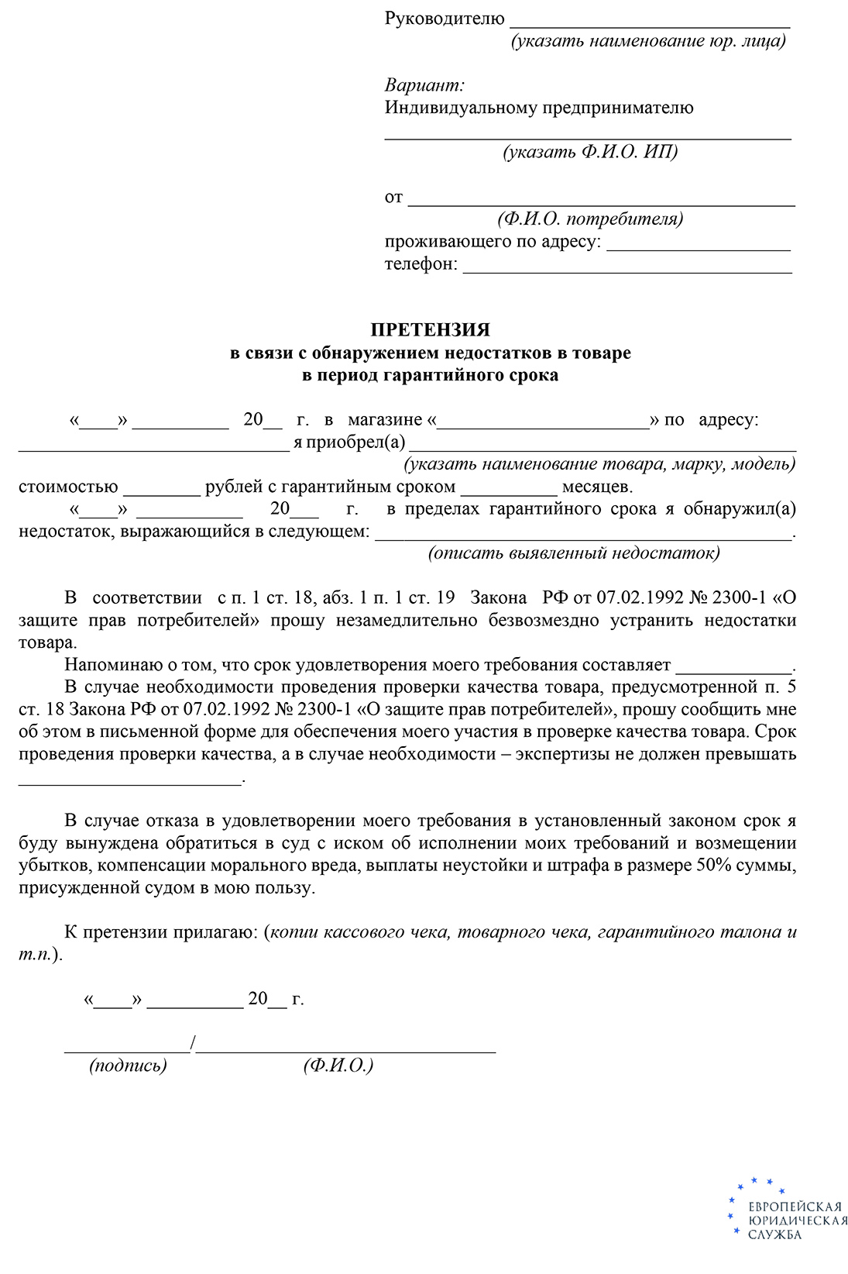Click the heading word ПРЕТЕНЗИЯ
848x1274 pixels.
(x=430, y=330)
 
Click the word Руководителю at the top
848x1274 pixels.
(x=445, y=19)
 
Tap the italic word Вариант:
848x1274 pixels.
(x=424, y=85)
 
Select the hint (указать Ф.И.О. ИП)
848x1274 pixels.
(x=590, y=152)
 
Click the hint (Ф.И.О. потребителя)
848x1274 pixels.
(x=590, y=219)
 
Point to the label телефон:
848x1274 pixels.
(x=421, y=264)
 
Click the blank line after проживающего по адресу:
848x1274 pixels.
(x=699, y=249)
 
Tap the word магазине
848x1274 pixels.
(x=385, y=420)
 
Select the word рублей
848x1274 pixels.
(x=234, y=487)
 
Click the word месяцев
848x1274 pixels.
(x=597, y=487)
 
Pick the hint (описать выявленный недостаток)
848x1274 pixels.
(x=574, y=553)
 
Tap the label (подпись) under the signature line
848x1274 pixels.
(x=128, y=1066)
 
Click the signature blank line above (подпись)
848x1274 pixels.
(x=127, y=1051)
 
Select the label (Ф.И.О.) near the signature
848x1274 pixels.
(x=338, y=1066)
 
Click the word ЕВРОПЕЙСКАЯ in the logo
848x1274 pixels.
(x=795, y=1207)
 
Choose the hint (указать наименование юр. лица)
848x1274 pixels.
(x=648, y=41)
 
